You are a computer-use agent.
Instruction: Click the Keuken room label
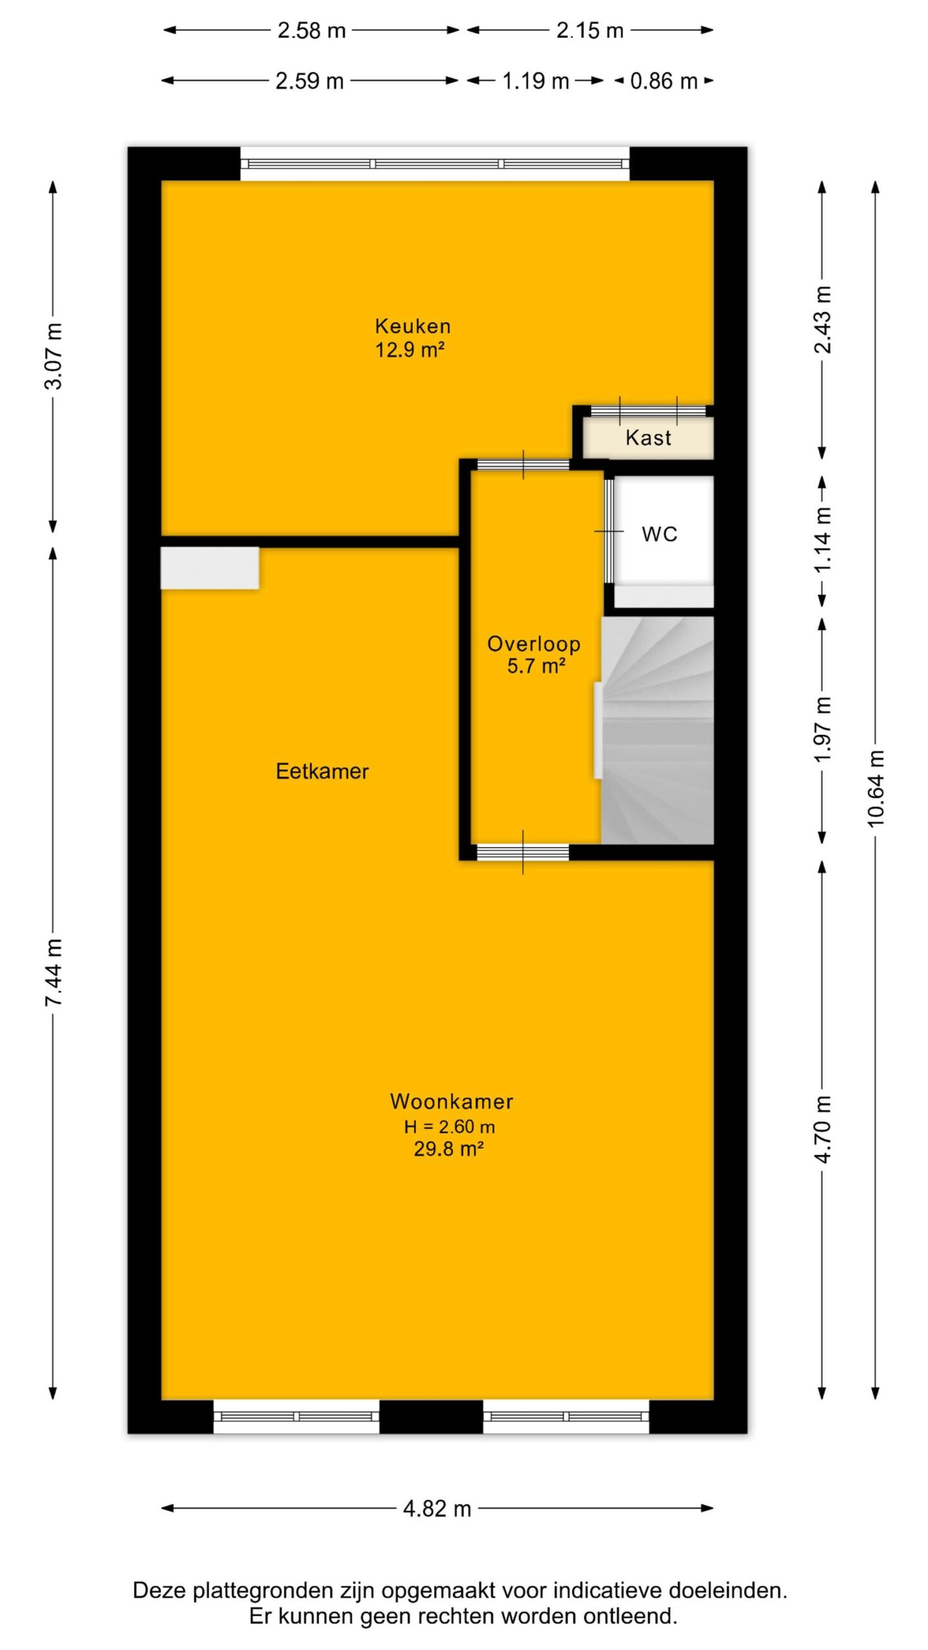412,325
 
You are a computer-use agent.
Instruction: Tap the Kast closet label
648,438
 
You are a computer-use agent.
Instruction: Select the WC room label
659,534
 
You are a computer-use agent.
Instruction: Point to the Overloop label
534,644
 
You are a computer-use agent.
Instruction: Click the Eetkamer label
322,771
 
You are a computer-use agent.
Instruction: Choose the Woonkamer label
452,1102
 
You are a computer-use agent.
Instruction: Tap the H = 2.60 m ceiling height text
449,1127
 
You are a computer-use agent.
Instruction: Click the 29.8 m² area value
449,1149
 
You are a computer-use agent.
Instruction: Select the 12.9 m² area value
410,349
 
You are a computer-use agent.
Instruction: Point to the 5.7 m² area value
536,666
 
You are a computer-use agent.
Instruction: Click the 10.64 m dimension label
875,789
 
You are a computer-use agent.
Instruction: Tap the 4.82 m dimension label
437,1509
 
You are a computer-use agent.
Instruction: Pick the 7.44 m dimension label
53,972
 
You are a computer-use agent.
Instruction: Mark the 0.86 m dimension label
664,81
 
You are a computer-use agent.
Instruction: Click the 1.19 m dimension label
536,81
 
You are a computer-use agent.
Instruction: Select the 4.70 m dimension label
823,1128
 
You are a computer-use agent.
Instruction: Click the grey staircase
657,730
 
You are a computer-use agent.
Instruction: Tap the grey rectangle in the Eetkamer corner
209,568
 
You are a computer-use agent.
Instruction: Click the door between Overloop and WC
608,531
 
